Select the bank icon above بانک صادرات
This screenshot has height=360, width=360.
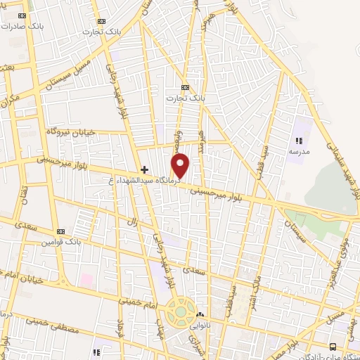(x=22, y=15)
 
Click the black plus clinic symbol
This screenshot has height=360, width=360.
(x=145, y=169)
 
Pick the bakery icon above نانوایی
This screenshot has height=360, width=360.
(x=200, y=314)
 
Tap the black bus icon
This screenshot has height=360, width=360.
(x=333, y=346)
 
